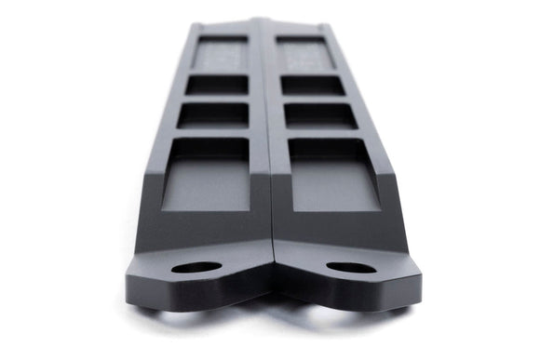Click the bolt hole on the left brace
[x=196, y=267]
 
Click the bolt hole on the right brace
[x=349, y=268]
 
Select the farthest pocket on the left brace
[x=221, y=54]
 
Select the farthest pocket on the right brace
[x=304, y=54]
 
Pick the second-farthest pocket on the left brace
[x=217, y=85]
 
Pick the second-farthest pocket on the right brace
[x=312, y=85]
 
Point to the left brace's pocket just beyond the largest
[x=213, y=114]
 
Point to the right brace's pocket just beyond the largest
[x=319, y=115]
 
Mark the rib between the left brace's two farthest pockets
[x=219, y=72]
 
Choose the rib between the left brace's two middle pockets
[x=215, y=99]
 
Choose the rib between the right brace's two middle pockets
[x=316, y=100]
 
